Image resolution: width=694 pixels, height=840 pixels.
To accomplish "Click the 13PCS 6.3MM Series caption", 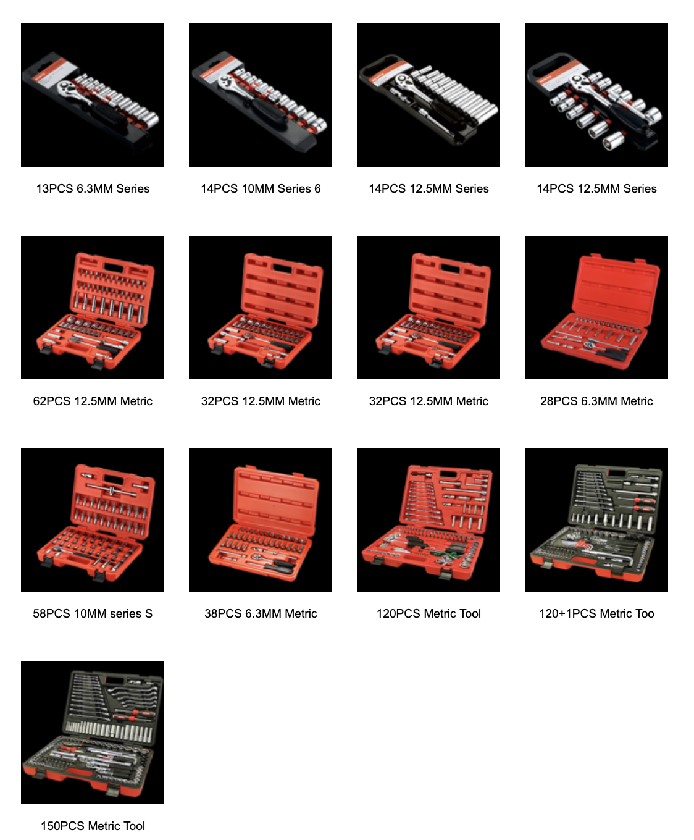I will [93, 189].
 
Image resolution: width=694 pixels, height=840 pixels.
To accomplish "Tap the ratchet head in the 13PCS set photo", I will [67, 88].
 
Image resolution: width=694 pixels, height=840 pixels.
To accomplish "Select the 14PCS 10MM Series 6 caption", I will [261, 189].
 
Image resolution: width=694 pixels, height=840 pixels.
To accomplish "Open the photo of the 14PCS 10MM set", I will [261, 95].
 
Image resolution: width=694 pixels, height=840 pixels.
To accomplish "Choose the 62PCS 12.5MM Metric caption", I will [93, 401].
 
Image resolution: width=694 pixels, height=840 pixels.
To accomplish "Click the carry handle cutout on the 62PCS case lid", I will [114, 267].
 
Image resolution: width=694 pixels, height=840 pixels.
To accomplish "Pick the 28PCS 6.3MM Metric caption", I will [596, 401].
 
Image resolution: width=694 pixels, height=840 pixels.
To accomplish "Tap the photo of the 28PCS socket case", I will [596, 308].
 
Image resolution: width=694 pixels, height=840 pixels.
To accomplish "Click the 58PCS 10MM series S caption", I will [93, 614].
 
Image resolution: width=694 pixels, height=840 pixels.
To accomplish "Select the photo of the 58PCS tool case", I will [93, 520].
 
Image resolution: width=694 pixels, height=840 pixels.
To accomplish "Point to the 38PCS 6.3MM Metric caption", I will [261, 614].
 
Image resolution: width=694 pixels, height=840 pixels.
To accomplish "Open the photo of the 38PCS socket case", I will [261, 520].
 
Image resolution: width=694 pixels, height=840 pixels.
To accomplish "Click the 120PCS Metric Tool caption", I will [429, 614].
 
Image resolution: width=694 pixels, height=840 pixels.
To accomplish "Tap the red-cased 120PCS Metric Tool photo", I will [429, 520].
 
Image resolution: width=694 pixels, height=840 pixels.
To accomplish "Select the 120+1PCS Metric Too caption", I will [596, 614].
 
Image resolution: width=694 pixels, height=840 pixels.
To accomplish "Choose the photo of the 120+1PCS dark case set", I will [596, 520].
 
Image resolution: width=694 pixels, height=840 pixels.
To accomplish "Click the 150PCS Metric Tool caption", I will [93, 826].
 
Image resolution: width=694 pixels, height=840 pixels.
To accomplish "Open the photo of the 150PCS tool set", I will [93, 733].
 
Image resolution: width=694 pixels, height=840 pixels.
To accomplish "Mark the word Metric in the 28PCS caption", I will [637, 401].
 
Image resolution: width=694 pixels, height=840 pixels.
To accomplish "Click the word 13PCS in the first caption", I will [54, 189].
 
